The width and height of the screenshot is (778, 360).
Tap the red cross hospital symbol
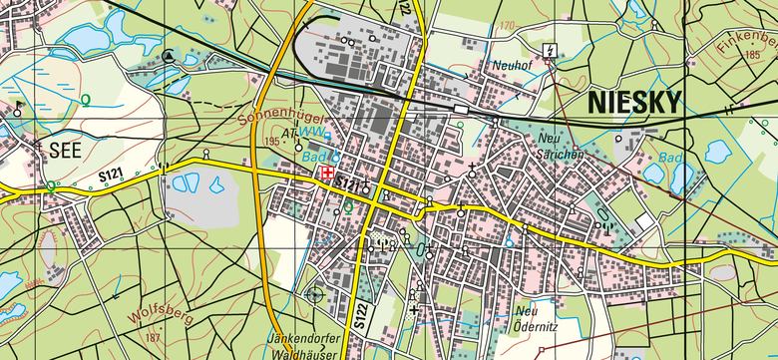325,174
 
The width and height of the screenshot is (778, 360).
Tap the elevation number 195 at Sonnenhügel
272,143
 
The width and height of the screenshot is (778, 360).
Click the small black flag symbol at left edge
17,105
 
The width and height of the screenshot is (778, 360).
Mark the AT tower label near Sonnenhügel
290,131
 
